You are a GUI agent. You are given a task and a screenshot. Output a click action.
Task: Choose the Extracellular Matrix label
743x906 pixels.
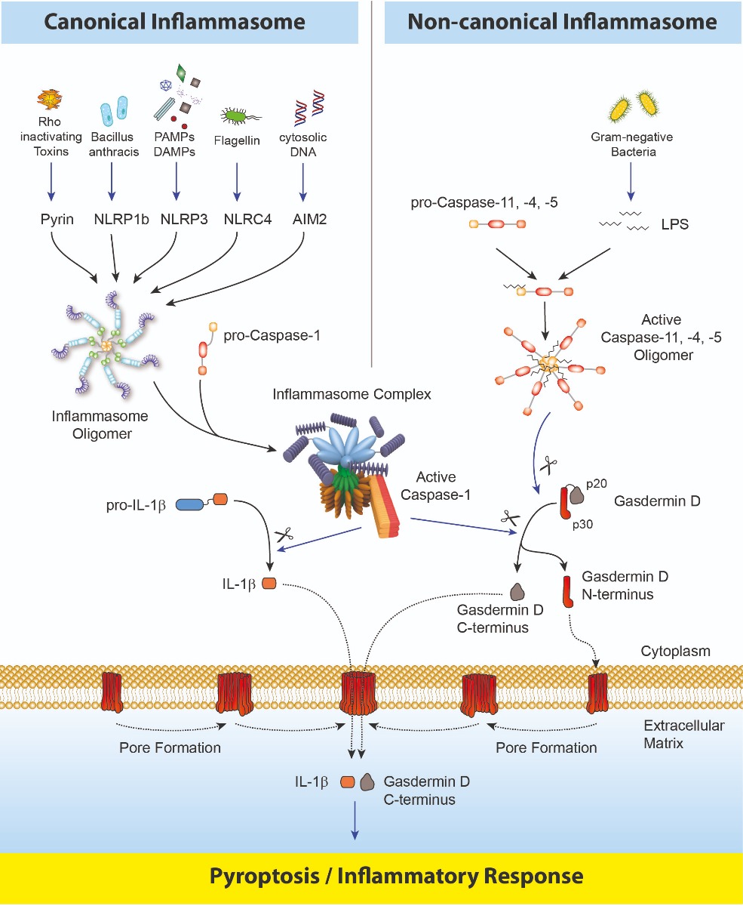(674, 734)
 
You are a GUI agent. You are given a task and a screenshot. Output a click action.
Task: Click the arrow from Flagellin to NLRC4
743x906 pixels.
(238, 180)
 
